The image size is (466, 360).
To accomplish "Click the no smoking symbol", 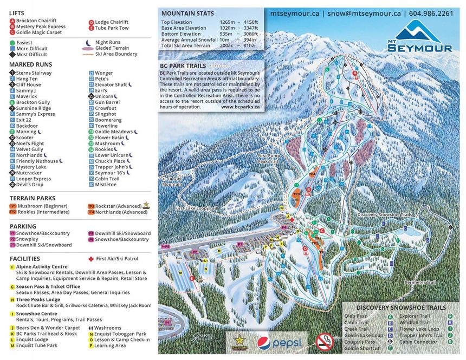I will pos(324,341).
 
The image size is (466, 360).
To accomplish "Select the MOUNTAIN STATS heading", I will pos(187,13).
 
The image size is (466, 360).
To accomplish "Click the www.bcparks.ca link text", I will pos(240,107).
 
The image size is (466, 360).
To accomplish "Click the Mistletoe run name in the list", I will pos(106,184).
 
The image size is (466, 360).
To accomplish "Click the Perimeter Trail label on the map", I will pos(420,282).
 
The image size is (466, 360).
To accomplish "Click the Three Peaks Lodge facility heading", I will pos(38,299).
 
